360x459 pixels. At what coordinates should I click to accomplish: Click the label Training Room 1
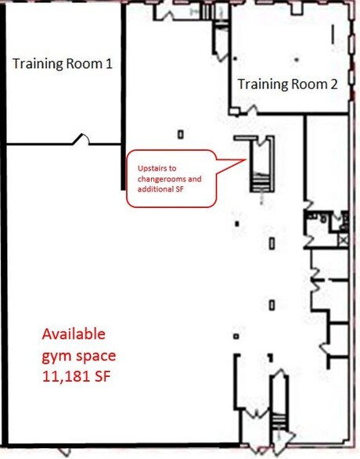[62, 64]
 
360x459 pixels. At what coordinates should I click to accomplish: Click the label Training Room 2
[287, 84]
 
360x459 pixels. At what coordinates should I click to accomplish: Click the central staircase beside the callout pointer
[259, 165]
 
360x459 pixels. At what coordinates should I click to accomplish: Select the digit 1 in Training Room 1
[108, 64]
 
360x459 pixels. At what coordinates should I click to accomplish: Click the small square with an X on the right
[343, 239]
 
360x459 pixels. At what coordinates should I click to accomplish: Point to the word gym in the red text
[55, 355]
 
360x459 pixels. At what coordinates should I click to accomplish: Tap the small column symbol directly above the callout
[180, 133]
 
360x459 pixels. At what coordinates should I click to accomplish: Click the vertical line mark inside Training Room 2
[333, 34]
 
